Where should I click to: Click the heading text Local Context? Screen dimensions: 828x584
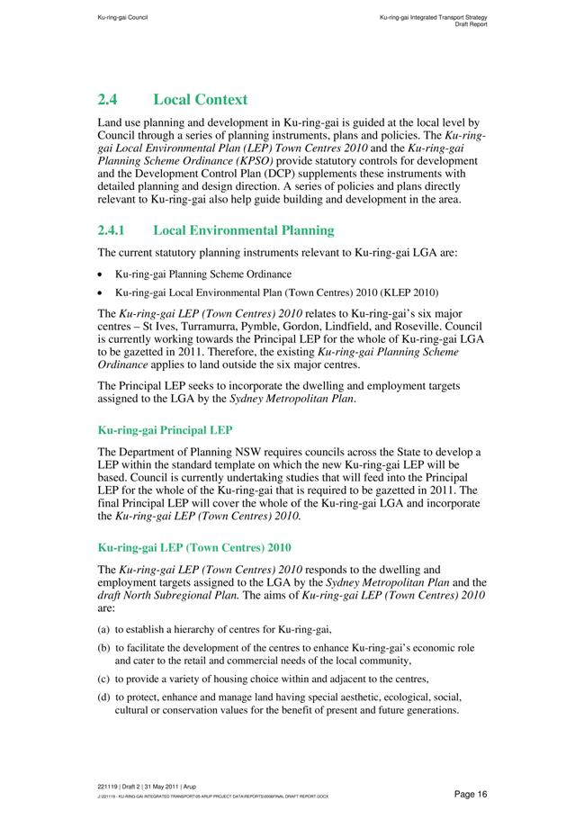(x=201, y=99)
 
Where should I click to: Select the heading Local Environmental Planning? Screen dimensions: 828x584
(x=244, y=230)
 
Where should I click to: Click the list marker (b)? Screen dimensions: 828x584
(x=103, y=648)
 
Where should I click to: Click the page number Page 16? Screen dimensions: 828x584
(x=471, y=793)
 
